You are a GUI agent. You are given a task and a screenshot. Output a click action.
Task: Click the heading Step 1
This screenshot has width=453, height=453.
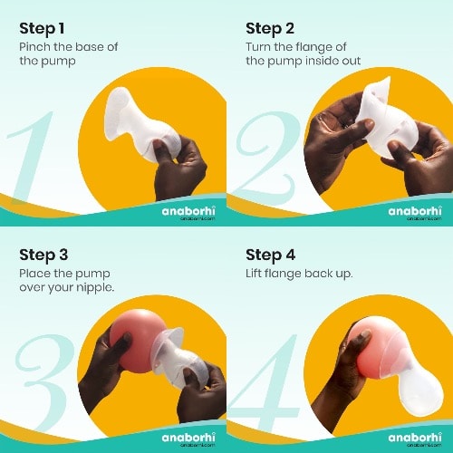(x=42, y=29)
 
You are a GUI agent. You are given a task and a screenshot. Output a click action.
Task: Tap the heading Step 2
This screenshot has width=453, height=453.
(x=270, y=29)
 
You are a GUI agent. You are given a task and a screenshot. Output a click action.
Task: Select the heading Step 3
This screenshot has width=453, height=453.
(x=43, y=255)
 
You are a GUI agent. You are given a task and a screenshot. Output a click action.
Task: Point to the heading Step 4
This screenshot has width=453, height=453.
(x=270, y=255)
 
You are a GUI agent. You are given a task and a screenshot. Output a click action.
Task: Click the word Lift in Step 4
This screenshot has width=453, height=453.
(x=254, y=274)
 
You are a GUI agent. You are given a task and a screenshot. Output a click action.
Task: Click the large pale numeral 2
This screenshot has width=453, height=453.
(x=265, y=156)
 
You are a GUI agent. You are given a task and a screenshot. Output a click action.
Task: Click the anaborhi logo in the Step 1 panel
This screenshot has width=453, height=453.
(x=188, y=212)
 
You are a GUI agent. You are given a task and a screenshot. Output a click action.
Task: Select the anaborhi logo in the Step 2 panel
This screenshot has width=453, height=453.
(x=415, y=212)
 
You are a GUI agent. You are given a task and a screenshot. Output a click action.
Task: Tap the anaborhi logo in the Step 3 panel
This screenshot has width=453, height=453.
(x=188, y=439)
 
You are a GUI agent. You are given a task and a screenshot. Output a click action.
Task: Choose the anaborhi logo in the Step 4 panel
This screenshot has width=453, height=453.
(x=415, y=439)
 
